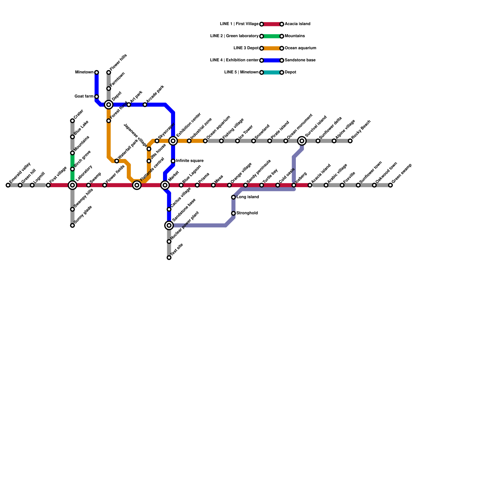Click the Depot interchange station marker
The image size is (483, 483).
[x=109, y=105]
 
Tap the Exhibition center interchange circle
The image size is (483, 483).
[x=173, y=141]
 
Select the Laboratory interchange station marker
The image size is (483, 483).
[x=72, y=185]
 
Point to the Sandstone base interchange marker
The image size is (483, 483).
[x=169, y=225]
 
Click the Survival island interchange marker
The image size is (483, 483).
[x=302, y=141]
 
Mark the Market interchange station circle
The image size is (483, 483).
[x=165, y=185]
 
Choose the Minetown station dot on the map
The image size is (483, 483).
[x=97, y=72]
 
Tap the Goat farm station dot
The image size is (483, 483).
[x=97, y=97]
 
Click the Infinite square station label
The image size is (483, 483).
[x=190, y=161]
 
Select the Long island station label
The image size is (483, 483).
[x=248, y=197]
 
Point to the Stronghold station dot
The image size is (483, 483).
[x=233, y=213]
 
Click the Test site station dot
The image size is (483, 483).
[x=169, y=257]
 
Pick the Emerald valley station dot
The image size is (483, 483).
[x=8, y=185]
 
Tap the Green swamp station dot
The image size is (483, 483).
[x=390, y=185]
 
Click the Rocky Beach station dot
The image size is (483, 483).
[x=350, y=141]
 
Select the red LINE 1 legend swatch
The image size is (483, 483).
[x=272, y=24]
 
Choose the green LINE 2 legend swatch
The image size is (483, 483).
[x=272, y=36]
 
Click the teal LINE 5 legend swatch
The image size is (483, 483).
[x=272, y=72]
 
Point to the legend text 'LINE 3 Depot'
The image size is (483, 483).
[x=246, y=48]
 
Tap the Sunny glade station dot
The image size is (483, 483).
[x=72, y=226]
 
